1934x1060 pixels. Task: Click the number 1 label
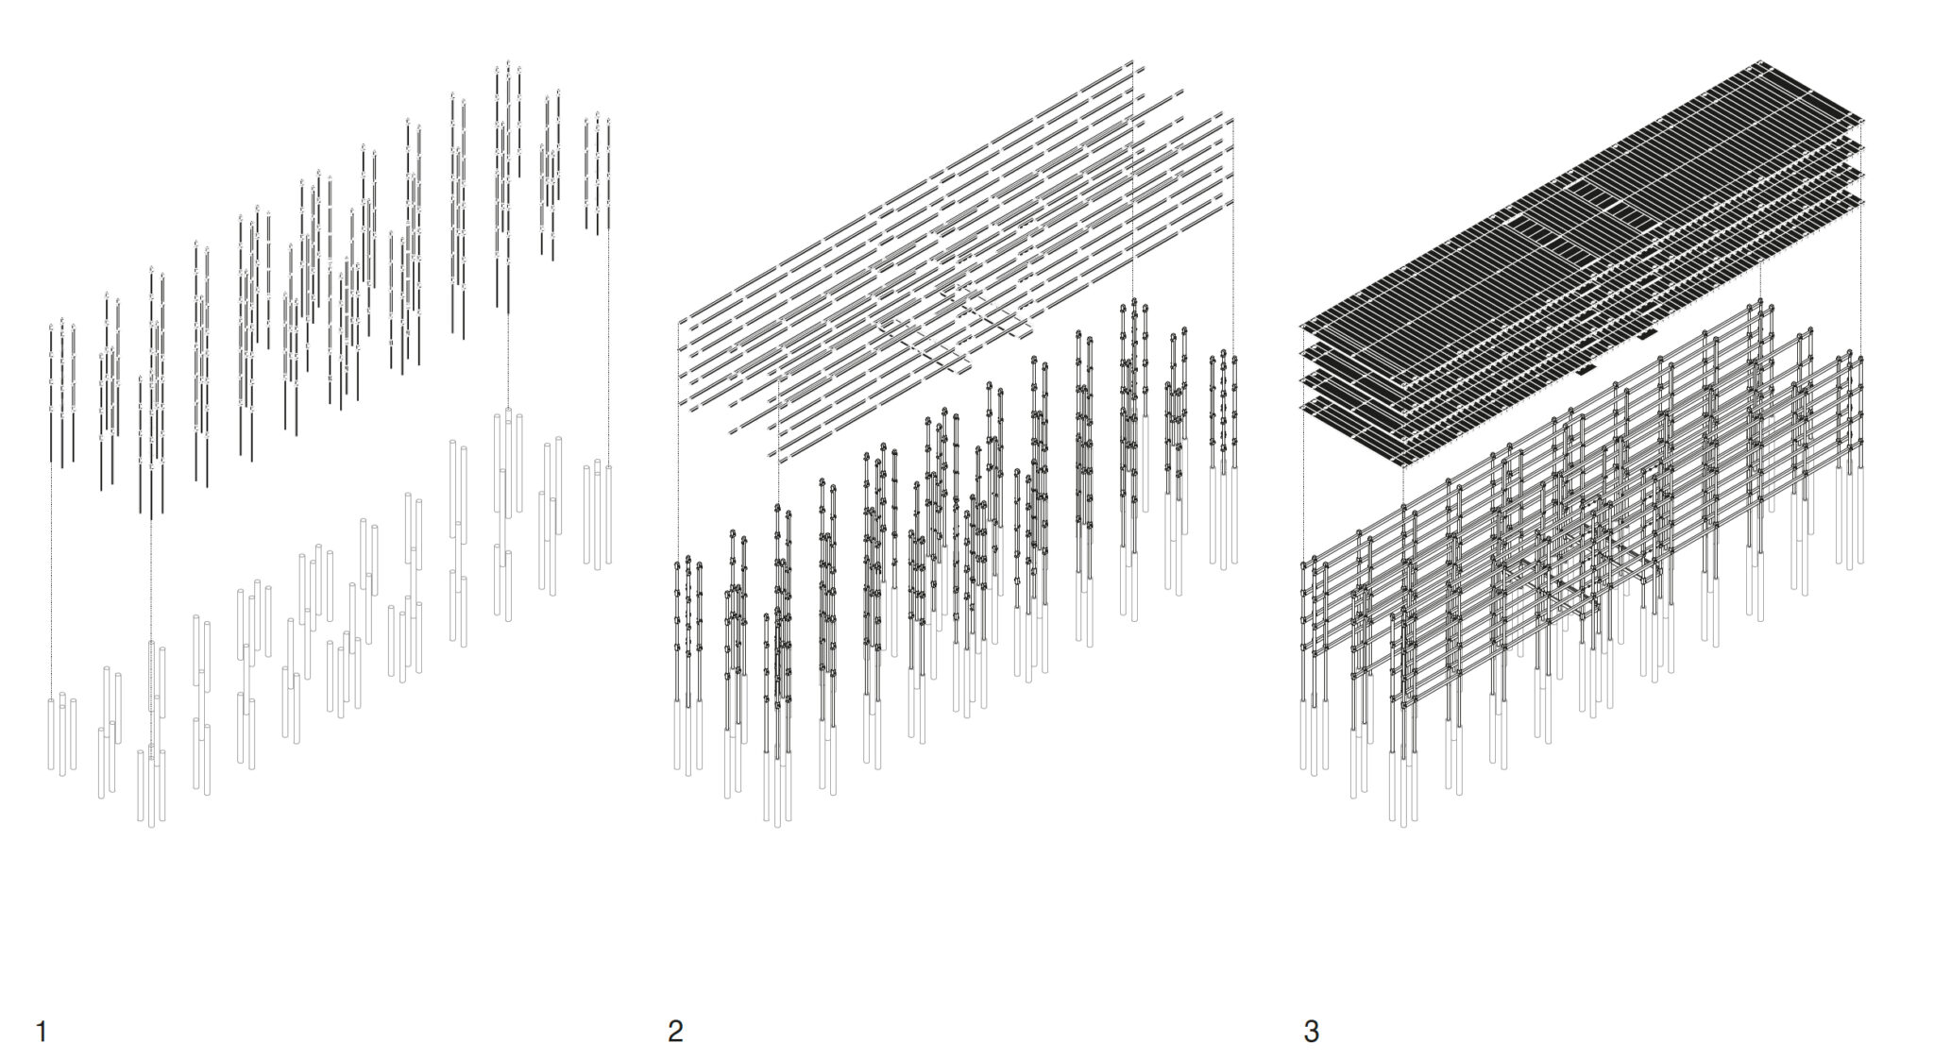pos(41,1031)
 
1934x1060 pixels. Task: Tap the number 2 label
pos(675,1031)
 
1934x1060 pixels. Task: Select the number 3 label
pos(1311,1031)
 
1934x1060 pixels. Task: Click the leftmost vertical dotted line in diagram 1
pos(51,580)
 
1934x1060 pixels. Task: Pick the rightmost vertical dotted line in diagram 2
pos(1233,236)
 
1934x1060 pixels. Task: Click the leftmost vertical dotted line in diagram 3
pos(1303,444)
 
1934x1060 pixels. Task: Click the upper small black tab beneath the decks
pos(1648,334)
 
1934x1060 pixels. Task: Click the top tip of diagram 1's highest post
pos(508,62)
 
